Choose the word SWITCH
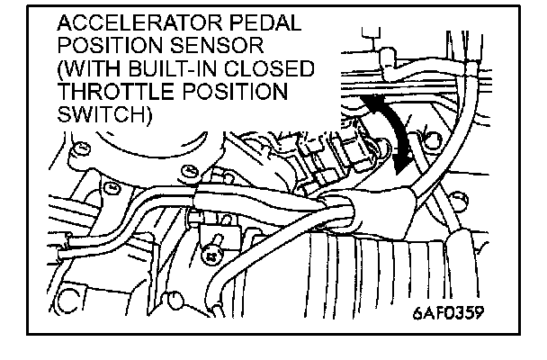(x=97, y=116)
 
